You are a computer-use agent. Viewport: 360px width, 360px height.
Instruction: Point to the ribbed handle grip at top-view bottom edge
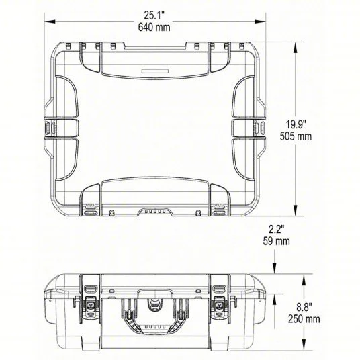click(x=152, y=210)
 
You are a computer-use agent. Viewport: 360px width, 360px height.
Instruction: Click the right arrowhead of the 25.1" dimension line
click(x=260, y=21)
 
